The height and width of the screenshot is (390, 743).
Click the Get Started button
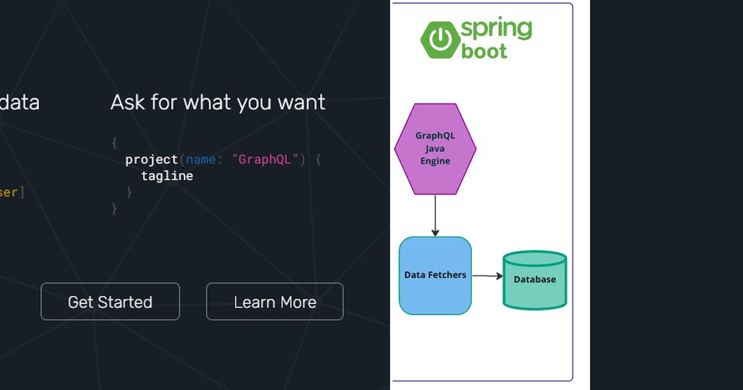coord(110,302)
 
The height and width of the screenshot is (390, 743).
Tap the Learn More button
coord(275,302)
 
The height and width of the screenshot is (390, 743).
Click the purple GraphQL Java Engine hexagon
coord(435,149)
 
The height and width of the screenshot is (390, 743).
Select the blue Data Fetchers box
coord(435,275)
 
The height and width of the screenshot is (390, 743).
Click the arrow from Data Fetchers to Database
coord(487,276)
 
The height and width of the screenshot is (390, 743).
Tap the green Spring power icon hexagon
coord(440,40)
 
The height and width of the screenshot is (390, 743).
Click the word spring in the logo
coord(496,29)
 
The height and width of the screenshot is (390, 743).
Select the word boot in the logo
coord(484,51)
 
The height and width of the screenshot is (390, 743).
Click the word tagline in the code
coord(167,176)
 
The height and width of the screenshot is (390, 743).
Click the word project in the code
coord(152,160)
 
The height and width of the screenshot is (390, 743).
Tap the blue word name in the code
coord(201,160)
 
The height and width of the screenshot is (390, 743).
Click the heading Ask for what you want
coord(218,102)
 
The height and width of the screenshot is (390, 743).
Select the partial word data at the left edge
coord(19,102)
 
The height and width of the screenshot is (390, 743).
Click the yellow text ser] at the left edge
coord(12,193)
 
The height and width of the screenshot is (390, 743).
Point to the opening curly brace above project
coord(114,143)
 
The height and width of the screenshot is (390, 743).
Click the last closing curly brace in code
coord(114,209)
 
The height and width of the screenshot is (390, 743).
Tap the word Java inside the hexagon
coord(435,149)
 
